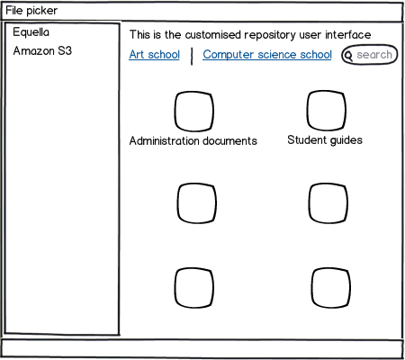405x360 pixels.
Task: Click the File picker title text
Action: (x=31, y=11)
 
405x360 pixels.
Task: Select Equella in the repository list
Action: (x=31, y=32)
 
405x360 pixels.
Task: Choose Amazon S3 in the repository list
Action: (x=42, y=50)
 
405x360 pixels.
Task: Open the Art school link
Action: (x=155, y=55)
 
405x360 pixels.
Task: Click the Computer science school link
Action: (x=267, y=55)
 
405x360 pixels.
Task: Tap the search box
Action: (x=369, y=55)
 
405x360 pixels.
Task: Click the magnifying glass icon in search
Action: (x=348, y=56)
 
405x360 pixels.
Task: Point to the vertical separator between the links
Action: (x=192, y=56)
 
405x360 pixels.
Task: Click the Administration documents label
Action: (x=193, y=140)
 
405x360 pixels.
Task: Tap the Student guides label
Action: (x=325, y=140)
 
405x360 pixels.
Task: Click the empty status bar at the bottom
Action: (x=202, y=348)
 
